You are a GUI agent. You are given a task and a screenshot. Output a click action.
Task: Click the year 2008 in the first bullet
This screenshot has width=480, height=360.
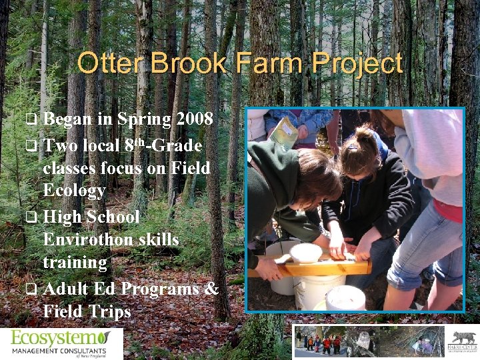[x=195, y=119]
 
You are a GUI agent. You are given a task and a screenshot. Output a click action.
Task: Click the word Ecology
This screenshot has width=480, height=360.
[x=74, y=191]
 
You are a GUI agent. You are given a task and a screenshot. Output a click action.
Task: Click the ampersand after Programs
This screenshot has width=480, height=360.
[x=211, y=289]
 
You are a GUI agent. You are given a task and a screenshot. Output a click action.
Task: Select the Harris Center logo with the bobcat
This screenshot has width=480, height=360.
[x=464, y=341]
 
